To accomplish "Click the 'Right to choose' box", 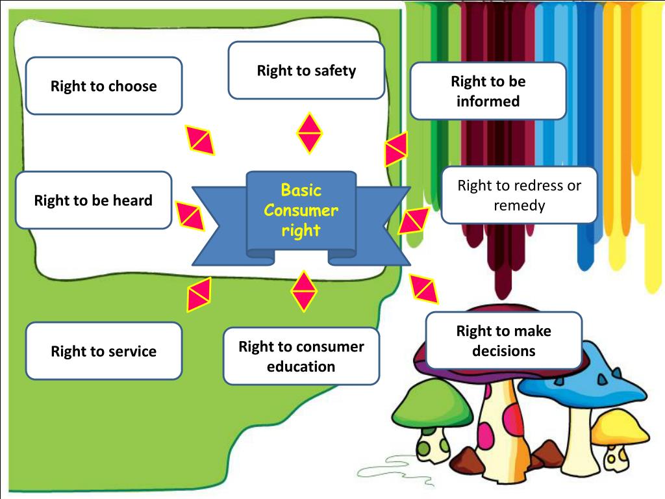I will click(104, 86).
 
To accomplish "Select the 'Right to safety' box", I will click(307, 70).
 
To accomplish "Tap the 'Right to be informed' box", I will click(488, 91).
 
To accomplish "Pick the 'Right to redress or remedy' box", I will click(519, 195).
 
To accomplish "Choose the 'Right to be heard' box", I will click(94, 200).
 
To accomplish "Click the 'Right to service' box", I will click(104, 351).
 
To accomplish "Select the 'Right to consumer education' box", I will click(301, 356).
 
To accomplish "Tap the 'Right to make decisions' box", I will click(504, 340).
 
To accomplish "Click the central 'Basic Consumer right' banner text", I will click(301, 211).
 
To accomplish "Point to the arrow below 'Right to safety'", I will click(310, 133).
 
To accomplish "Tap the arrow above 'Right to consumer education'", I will click(303, 290).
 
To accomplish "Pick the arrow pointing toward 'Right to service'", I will click(198, 294).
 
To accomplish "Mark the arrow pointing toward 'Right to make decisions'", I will click(424, 290).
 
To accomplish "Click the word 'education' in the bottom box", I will click(301, 366).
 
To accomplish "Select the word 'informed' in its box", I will click(488, 101).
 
